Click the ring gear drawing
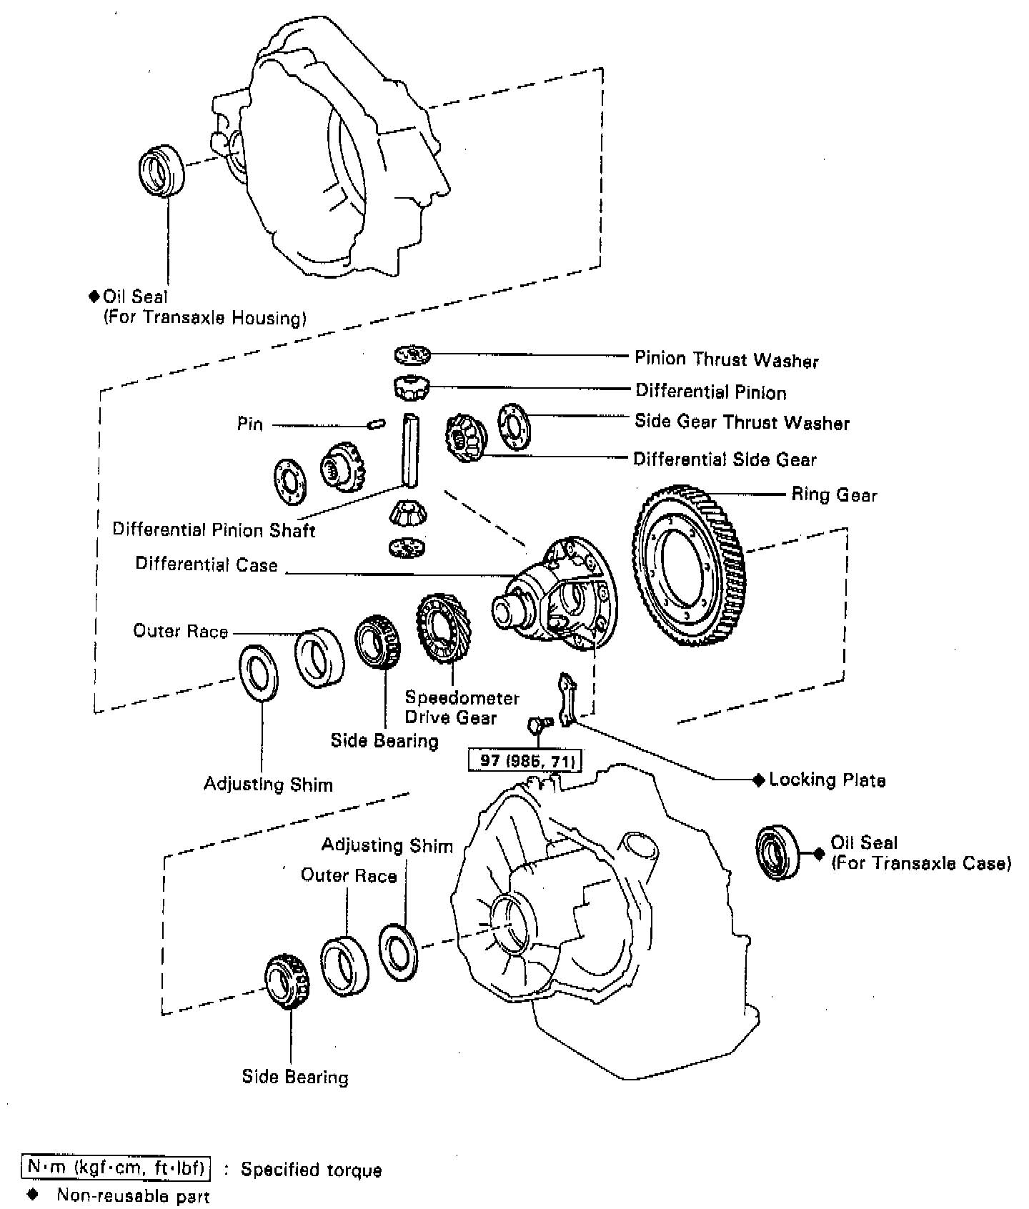coord(689,565)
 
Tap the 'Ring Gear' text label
coord(833,495)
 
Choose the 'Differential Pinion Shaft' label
coord(214,529)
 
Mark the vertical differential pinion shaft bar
coord(410,449)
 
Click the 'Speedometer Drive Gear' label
coord(462,707)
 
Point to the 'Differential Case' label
coord(207,564)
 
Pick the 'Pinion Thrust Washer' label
coord(727,359)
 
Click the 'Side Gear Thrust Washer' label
coord(742,422)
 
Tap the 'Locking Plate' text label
coord(827,780)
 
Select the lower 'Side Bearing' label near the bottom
coord(295,1077)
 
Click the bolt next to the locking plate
coord(537,725)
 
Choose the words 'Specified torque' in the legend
coord(311,1170)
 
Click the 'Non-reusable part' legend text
coord(134,1195)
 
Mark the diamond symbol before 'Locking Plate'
coord(759,780)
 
